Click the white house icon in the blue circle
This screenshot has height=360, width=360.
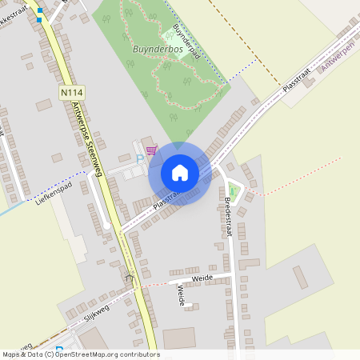coord(180,173)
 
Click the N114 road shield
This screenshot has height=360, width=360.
coord(71,94)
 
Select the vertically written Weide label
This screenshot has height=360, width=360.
coord(181,295)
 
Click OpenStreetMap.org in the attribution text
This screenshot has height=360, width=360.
coord(87,354)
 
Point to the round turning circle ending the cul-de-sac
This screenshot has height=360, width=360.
coord(106,226)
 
